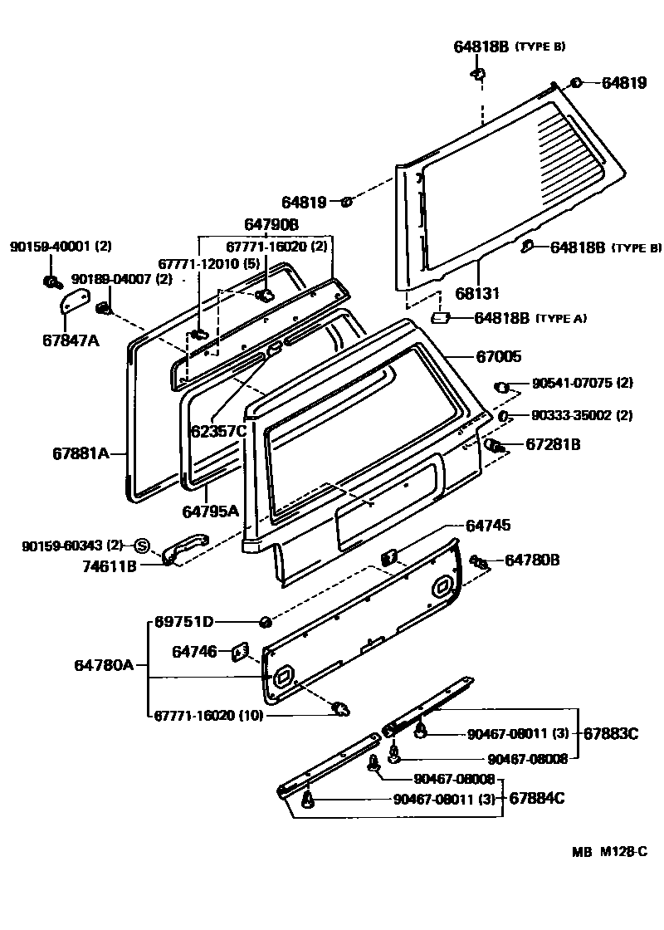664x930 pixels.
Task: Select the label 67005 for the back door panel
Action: pyautogui.click(x=498, y=356)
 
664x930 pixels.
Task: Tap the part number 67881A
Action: pyautogui.click(x=81, y=453)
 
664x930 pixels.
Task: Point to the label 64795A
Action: pyautogui.click(x=210, y=510)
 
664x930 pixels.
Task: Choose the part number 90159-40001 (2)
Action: pyautogui.click(x=61, y=246)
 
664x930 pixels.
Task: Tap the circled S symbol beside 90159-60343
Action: pyautogui.click(x=140, y=545)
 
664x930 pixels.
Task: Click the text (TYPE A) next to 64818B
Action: pyautogui.click(x=564, y=318)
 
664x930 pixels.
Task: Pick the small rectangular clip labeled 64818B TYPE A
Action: pyautogui.click(x=441, y=318)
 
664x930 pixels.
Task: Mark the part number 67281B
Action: pyautogui.click(x=553, y=445)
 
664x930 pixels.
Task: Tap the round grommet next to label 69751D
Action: pyautogui.click(x=264, y=622)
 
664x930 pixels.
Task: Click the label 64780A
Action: pyautogui.click(x=104, y=664)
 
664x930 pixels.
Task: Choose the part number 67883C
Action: pyautogui.click(x=610, y=733)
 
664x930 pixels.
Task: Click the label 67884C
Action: pyautogui.click(x=536, y=799)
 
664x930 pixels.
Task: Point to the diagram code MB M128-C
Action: pyautogui.click(x=608, y=852)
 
